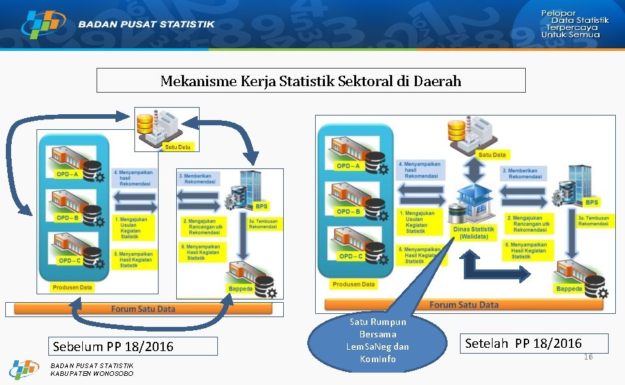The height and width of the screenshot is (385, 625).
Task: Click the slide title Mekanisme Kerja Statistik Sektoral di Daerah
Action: [311, 81]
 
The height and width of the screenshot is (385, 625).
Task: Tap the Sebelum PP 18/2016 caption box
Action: [113, 346]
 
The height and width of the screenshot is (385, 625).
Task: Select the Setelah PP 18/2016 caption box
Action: [523, 343]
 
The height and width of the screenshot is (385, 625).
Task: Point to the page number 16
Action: [588, 357]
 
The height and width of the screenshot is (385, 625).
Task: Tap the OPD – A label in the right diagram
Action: [348, 166]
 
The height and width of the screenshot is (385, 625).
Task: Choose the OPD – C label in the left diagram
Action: [69, 260]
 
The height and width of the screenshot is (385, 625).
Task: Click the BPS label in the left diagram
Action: [261, 206]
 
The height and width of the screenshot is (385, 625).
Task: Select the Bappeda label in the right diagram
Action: [568, 288]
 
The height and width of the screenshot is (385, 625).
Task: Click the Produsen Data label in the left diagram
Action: [72, 286]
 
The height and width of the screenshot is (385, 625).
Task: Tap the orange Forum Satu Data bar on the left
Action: [144, 309]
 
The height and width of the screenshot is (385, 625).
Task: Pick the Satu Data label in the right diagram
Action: [492, 155]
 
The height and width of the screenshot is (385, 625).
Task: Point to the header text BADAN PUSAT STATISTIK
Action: [146, 25]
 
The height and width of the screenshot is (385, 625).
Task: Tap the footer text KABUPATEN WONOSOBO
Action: [92, 373]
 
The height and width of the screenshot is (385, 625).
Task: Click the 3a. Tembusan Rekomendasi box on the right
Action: [593, 221]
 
